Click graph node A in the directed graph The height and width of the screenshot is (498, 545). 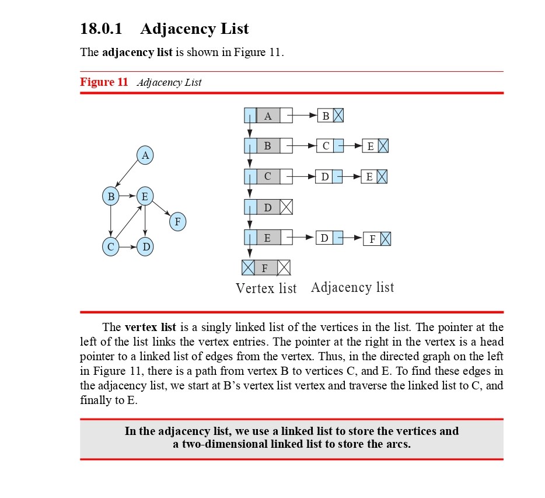pyautogui.click(x=145, y=155)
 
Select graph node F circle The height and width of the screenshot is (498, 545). pyautogui.click(x=178, y=222)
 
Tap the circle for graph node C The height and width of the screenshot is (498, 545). pyautogui.click(x=110, y=247)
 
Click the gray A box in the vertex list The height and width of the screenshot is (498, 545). pyautogui.click(x=268, y=116)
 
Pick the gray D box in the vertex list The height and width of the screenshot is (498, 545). pyautogui.click(x=268, y=207)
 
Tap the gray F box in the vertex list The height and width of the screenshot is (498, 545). pyautogui.click(x=265, y=268)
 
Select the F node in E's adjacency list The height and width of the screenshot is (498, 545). pyautogui.click(x=372, y=239)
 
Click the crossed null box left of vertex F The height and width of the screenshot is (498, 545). pyautogui.click(x=248, y=268)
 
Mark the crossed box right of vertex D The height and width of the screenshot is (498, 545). pyautogui.click(x=286, y=207)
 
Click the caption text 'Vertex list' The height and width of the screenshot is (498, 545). pyautogui.click(x=266, y=288)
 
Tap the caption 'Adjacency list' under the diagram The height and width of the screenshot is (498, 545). pyautogui.click(x=352, y=287)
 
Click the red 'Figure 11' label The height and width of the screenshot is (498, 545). pyautogui.click(x=104, y=82)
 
